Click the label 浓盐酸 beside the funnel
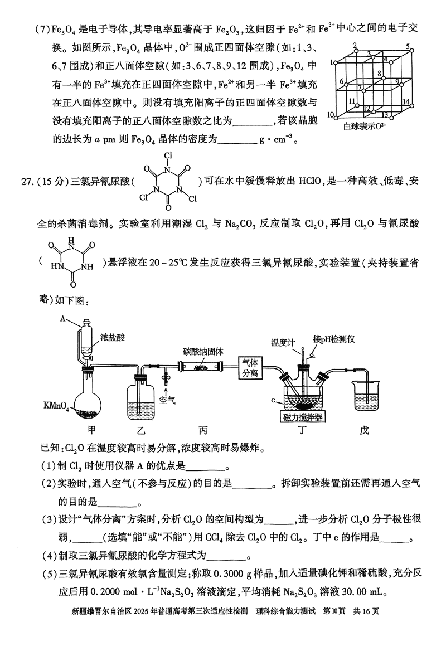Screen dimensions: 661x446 (112, 338)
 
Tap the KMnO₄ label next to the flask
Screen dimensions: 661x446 (56, 404)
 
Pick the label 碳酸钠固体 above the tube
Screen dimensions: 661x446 (203, 352)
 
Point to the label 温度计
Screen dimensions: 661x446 (283, 342)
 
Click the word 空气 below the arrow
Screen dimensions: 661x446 (166, 400)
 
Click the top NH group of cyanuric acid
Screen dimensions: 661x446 (70, 245)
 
